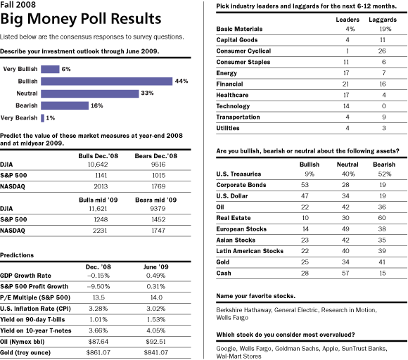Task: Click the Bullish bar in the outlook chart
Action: pyautogui.click(x=107, y=81)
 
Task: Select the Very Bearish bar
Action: pyautogui.click(x=42, y=118)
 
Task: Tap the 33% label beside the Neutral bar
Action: pyautogui.click(x=147, y=93)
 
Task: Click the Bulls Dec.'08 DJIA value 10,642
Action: pyautogui.click(x=98, y=165)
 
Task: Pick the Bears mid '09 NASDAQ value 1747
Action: pyautogui.click(x=158, y=231)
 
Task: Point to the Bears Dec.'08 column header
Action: pyautogui.click(x=156, y=156)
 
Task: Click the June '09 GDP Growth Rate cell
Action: pyautogui.click(x=155, y=276)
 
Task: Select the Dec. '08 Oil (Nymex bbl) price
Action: pyautogui.click(x=98, y=342)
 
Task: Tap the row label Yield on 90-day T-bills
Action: pyautogui.click(x=32, y=320)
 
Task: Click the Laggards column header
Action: pyautogui.click(x=383, y=20)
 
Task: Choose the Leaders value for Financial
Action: pyautogui.click(x=345, y=84)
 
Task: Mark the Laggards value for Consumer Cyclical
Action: pyautogui.click(x=382, y=51)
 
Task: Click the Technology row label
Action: pyautogui.click(x=233, y=106)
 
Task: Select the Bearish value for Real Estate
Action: pyautogui.click(x=382, y=218)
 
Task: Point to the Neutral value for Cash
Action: pyautogui.click(x=345, y=273)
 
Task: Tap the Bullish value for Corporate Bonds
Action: pyautogui.click(x=305, y=185)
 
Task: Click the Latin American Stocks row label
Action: pyautogui.click(x=250, y=251)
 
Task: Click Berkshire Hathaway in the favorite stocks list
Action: pyautogui.click(x=244, y=310)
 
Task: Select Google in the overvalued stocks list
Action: pyautogui.click(x=226, y=349)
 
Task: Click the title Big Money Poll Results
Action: pyautogui.click(x=81, y=19)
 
